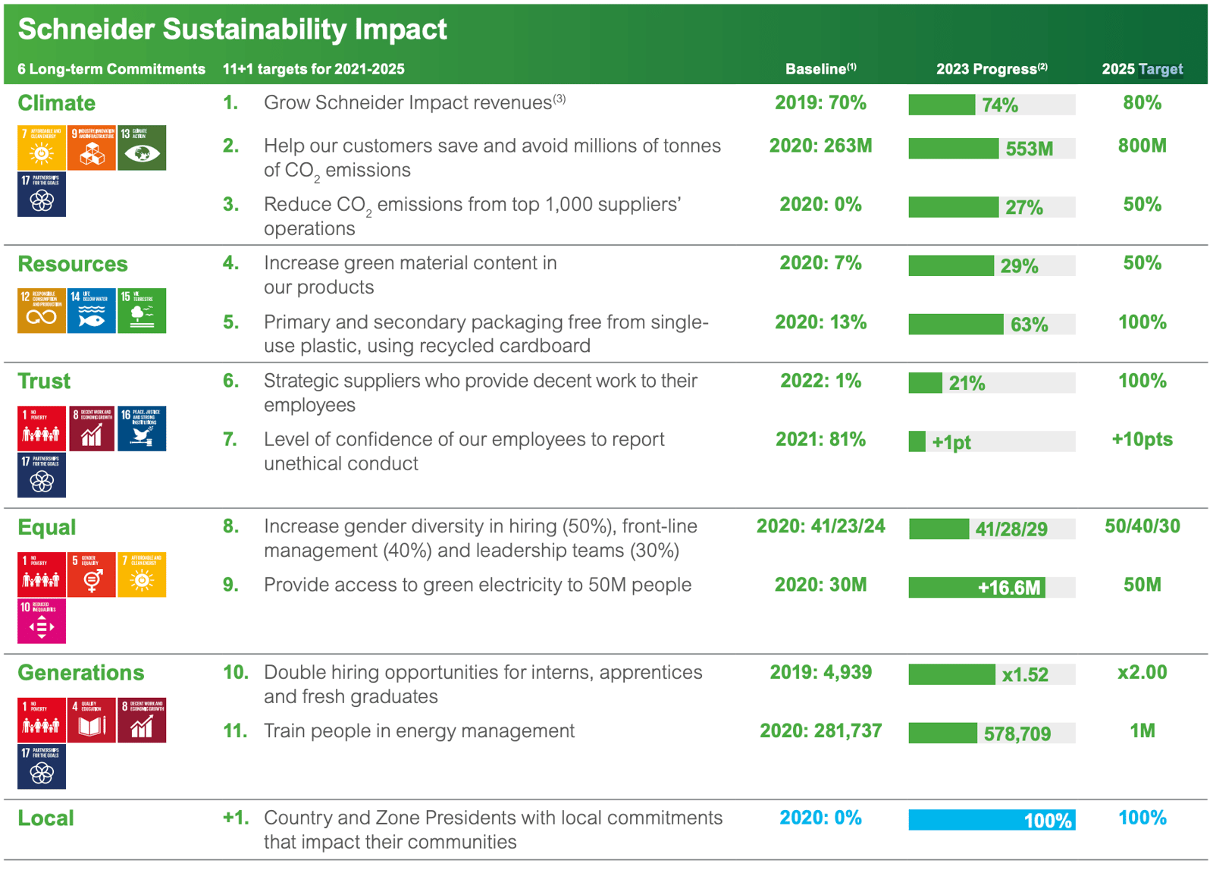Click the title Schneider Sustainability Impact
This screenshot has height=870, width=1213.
(232, 30)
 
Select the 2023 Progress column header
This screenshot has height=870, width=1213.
(991, 69)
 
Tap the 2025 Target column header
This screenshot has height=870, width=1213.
(1142, 69)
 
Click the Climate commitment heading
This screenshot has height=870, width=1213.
(57, 103)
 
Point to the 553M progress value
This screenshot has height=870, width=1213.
(1029, 149)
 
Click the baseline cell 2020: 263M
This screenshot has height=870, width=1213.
(820, 146)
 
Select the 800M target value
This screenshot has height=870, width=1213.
(1142, 146)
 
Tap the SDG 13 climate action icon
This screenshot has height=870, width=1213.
(142, 148)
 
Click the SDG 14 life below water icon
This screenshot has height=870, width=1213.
(92, 311)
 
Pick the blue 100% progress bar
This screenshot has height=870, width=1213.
(991, 820)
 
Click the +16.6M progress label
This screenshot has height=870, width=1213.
(1008, 588)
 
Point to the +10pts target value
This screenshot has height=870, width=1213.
(1142, 440)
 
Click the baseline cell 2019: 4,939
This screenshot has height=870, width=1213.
(820, 673)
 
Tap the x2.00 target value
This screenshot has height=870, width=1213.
(1142, 673)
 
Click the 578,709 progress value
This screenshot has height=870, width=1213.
(1017, 734)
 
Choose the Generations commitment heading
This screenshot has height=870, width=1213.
(81, 674)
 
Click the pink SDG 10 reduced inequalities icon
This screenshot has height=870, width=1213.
(42, 621)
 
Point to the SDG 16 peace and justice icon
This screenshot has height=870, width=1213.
(142, 429)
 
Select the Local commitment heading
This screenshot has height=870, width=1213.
(46, 818)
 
